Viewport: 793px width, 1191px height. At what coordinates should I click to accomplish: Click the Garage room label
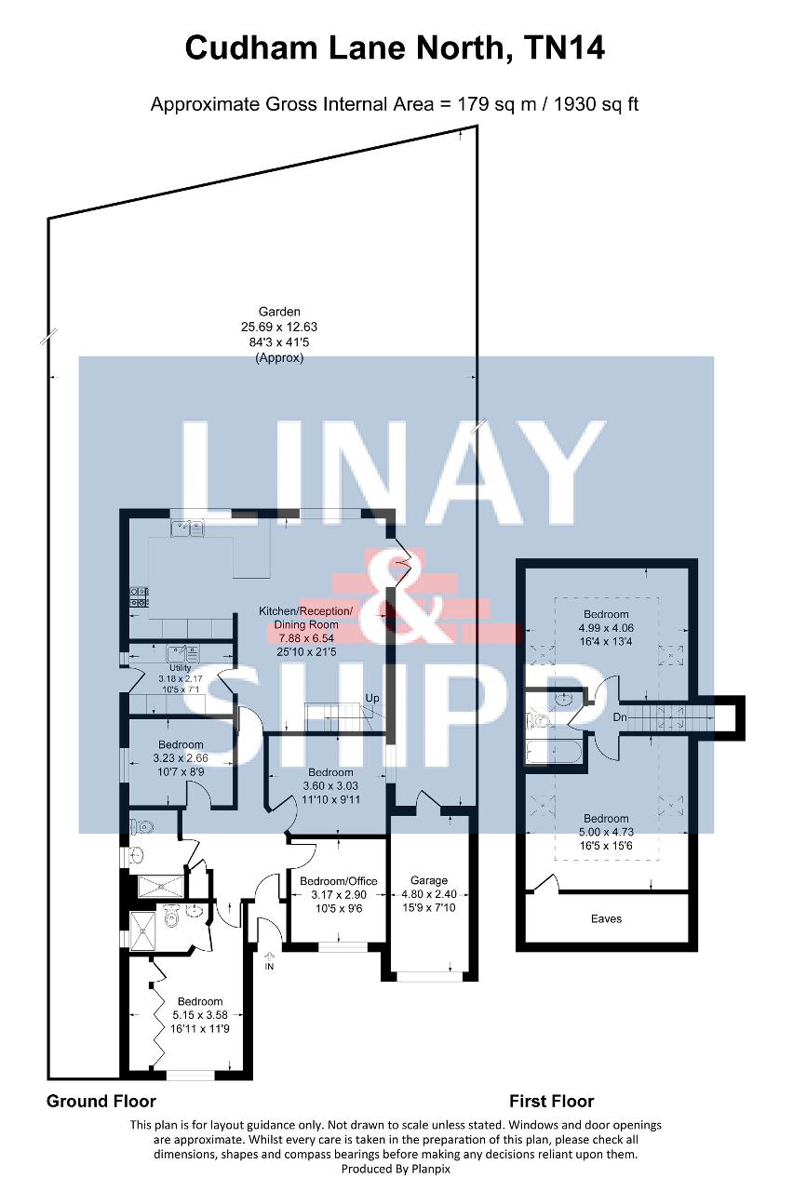click(429, 880)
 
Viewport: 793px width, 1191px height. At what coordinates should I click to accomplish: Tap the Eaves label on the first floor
click(606, 918)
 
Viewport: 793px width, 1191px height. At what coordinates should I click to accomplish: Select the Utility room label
click(180, 668)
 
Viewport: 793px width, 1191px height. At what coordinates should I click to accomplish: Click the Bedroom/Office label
click(338, 881)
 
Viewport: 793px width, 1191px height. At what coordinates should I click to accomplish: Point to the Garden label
click(279, 312)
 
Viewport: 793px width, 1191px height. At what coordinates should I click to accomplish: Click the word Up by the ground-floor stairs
click(372, 698)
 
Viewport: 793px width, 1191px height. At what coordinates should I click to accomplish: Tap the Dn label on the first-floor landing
click(620, 717)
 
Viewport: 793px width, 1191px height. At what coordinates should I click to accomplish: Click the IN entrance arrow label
click(269, 967)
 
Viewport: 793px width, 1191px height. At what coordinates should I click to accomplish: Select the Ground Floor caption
click(101, 1101)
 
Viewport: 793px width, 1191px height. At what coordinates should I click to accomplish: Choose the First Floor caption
click(552, 1101)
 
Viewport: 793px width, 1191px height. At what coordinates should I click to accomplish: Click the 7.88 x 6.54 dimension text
click(306, 638)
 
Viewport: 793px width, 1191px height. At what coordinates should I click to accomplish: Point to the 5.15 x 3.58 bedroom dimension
click(200, 1015)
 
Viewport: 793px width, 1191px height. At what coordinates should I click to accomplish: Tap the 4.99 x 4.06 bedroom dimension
click(606, 628)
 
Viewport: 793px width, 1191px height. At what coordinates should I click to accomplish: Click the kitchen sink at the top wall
click(187, 528)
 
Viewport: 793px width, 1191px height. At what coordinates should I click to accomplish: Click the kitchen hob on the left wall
click(140, 596)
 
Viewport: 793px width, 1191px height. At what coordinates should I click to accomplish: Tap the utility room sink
click(182, 653)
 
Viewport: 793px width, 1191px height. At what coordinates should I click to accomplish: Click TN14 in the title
click(564, 47)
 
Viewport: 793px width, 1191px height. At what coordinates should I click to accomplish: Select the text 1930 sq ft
click(596, 103)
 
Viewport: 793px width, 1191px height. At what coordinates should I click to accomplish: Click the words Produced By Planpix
click(396, 1169)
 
